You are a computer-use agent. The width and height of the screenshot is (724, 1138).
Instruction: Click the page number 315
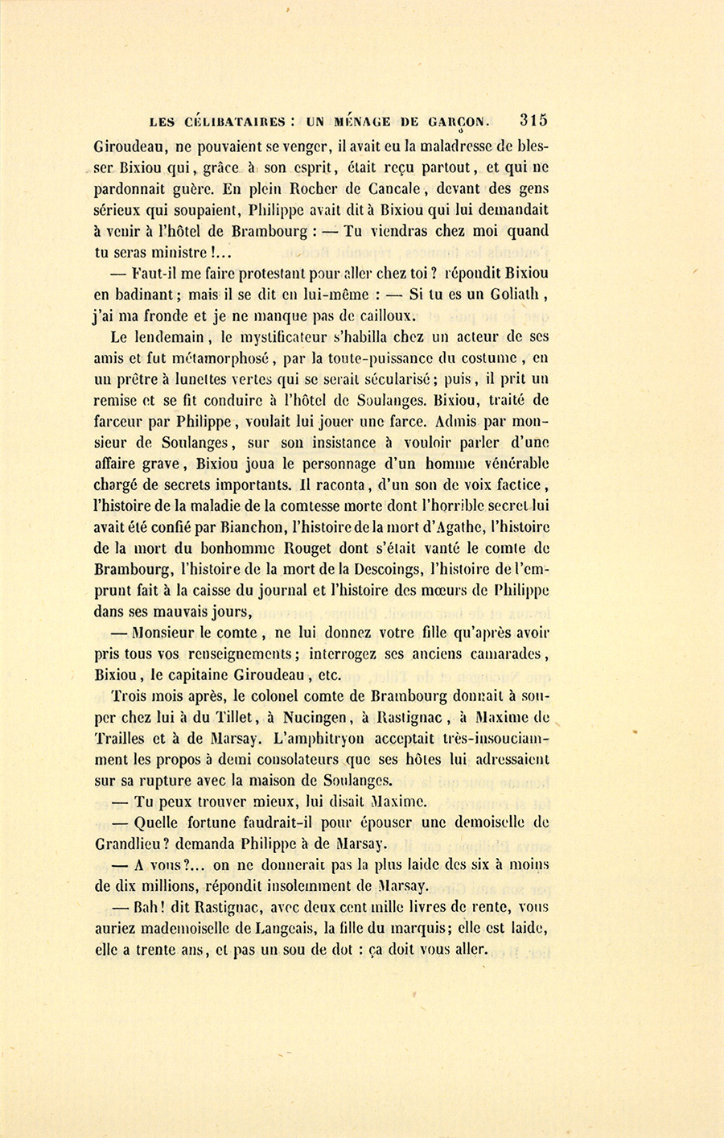533,121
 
